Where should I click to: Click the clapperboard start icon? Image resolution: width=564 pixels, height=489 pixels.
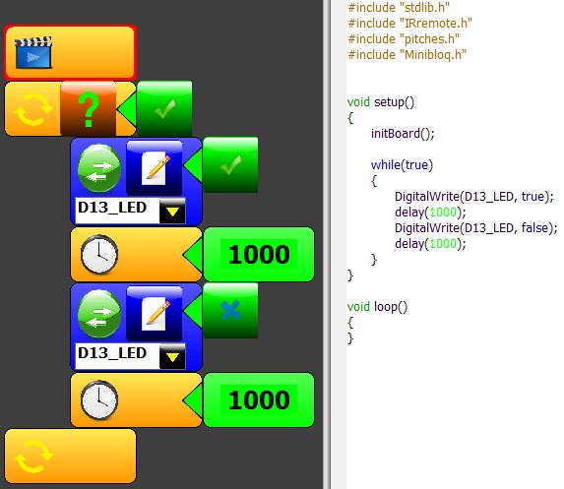point(33,52)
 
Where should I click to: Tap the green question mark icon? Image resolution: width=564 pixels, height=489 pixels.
point(89,109)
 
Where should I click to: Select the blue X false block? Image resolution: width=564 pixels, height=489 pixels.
point(230,310)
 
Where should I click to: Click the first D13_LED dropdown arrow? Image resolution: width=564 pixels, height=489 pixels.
point(172,211)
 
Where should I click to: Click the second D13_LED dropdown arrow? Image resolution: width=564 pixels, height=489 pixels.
point(172,356)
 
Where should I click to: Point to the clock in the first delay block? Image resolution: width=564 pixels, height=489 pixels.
point(98,254)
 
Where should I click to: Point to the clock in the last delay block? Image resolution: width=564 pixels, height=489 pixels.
point(98,400)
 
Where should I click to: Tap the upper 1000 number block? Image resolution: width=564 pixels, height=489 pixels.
point(259,254)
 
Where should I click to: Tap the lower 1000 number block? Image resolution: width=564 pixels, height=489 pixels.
point(259,399)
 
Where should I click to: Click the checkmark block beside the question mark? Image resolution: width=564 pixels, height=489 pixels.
point(164,108)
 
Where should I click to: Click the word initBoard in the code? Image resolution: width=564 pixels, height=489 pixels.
point(396,134)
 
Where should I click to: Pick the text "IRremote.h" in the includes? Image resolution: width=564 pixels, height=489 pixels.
point(436,24)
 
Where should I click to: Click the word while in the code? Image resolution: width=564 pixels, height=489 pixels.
point(386,164)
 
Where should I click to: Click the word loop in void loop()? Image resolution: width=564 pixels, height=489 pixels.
point(387,307)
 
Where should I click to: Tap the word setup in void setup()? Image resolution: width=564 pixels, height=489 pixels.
point(389,102)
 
